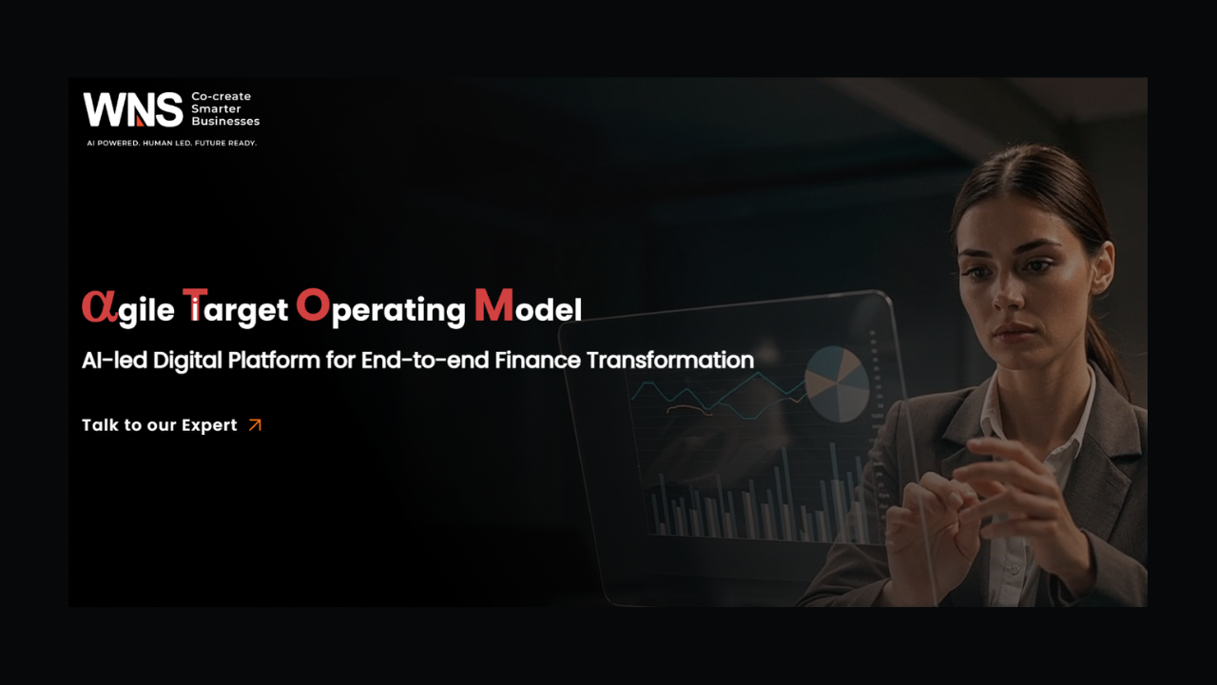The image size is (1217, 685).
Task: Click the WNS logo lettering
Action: pyautogui.click(x=132, y=109)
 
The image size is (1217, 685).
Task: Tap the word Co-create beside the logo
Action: pyautogui.click(x=221, y=96)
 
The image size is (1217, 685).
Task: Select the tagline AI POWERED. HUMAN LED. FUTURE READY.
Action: pyautogui.click(x=171, y=143)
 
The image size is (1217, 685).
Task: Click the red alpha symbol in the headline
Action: pyautogui.click(x=99, y=306)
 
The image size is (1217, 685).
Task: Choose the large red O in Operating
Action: pyautogui.click(x=313, y=304)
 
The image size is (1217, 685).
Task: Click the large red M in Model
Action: pyautogui.click(x=493, y=305)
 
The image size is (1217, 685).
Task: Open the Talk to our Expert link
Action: pyautogui.click(x=160, y=425)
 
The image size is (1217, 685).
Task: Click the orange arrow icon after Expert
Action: pyautogui.click(x=255, y=425)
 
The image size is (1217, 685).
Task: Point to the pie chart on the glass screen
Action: pyautogui.click(x=837, y=383)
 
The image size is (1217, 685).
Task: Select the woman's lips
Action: pyautogui.click(x=1014, y=334)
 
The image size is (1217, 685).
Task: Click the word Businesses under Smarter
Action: pyautogui.click(x=225, y=122)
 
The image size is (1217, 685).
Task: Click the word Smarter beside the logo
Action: pyautogui.click(x=216, y=108)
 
